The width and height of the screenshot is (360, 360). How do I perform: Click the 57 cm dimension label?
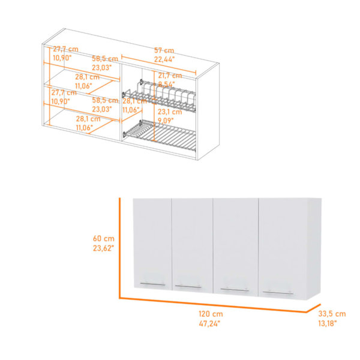[x=164, y=50]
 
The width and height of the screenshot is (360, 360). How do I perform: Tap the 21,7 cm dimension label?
[x=170, y=76]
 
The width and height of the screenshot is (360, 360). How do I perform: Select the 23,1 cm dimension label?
[x=170, y=112]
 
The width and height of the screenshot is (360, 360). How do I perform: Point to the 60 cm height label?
[x=104, y=238]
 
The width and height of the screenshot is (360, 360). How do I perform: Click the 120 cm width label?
[x=211, y=314]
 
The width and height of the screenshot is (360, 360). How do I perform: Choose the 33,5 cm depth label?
[x=332, y=314]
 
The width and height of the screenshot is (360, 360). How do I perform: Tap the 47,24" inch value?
[x=209, y=323]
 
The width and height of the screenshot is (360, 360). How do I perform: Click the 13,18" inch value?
[x=328, y=323]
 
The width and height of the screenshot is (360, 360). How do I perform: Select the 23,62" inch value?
[x=103, y=248]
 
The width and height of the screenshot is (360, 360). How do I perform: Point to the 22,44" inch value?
[x=164, y=59]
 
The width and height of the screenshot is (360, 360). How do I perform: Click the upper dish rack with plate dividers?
[x=159, y=96]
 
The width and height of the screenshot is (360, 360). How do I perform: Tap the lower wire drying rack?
[x=160, y=136]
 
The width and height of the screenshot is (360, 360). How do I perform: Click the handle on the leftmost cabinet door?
[x=152, y=284]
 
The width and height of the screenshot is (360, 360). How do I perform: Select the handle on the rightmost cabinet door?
[x=278, y=293]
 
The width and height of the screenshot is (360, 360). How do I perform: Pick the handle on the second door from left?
[x=188, y=287]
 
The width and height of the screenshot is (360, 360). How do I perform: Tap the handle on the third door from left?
[x=235, y=290]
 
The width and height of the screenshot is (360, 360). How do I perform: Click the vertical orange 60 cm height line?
[x=119, y=248]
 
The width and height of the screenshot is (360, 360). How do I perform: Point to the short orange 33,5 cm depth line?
[x=313, y=308]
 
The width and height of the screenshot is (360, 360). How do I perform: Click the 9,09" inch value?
[x=166, y=121]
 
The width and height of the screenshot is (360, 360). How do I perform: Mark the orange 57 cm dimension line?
[x=158, y=65]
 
